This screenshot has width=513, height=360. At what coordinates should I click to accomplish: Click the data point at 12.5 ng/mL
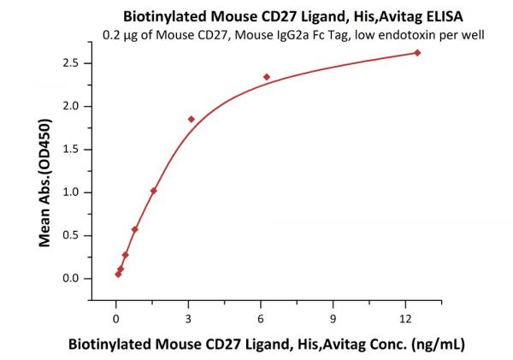(417, 53)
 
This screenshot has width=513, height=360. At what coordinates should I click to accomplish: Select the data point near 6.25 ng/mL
(267, 77)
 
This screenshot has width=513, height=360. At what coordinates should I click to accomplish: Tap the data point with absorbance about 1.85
(191, 119)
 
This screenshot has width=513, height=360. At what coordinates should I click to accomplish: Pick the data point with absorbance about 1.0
(153, 191)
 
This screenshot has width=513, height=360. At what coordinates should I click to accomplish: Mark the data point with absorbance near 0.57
(134, 229)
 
